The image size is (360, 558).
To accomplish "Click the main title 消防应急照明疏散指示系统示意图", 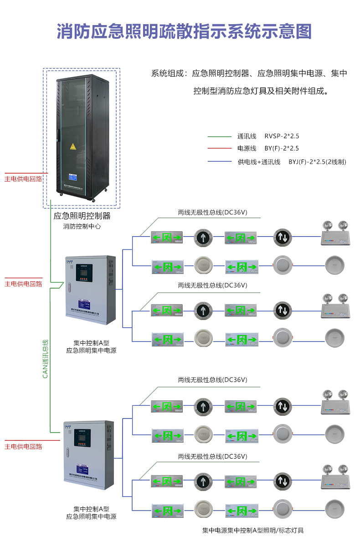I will click(x=184, y=32).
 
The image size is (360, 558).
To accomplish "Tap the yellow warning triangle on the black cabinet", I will click(x=72, y=146).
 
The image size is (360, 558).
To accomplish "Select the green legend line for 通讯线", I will click(x=220, y=136).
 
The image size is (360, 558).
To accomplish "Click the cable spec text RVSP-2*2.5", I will click(x=282, y=136).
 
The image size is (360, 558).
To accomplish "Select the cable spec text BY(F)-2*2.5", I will click(x=282, y=149).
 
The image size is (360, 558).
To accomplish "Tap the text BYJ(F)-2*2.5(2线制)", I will click(x=317, y=162).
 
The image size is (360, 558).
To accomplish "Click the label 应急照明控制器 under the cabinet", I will click(x=82, y=216).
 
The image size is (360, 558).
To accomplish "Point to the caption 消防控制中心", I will click(x=82, y=226).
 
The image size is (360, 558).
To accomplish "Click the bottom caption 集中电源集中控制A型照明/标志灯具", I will click(x=253, y=530).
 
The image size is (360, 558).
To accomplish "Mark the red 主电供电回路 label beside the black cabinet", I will click(x=23, y=179).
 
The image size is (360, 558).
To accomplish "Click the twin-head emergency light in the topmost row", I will click(x=335, y=234).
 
